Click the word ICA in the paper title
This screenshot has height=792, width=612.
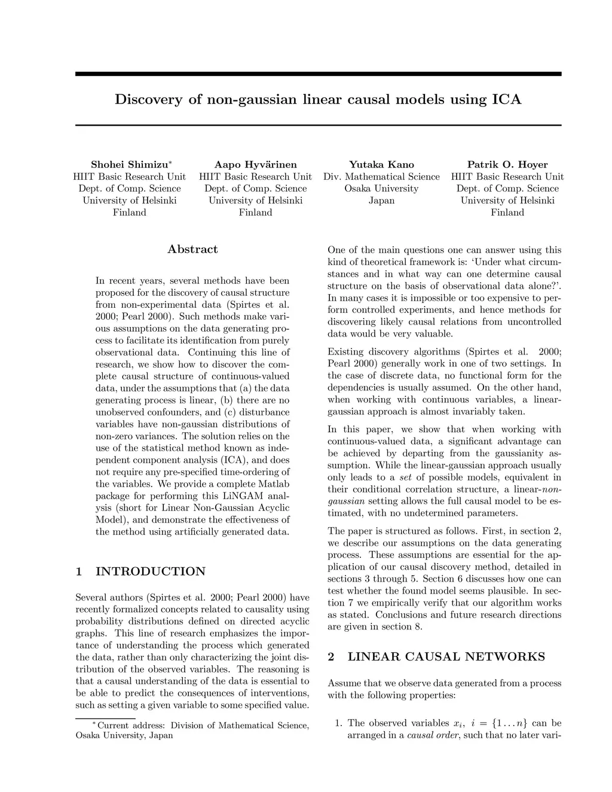coord(506,99)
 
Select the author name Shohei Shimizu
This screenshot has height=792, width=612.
coord(130,164)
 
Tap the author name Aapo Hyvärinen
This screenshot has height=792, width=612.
coord(255,164)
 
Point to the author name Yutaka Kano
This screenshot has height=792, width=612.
coord(381,164)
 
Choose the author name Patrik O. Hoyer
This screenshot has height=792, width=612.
coord(507,164)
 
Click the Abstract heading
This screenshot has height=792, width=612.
coord(192,249)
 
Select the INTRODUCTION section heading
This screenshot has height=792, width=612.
coord(150,571)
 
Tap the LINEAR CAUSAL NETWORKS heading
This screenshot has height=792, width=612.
coord(446,657)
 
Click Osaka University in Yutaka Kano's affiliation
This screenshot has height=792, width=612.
coord(381,188)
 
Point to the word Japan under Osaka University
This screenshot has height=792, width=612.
coord(381,200)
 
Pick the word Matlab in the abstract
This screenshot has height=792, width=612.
coord(273,484)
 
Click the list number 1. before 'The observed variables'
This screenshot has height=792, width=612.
coord(338,723)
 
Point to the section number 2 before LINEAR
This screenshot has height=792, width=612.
coord(331,657)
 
